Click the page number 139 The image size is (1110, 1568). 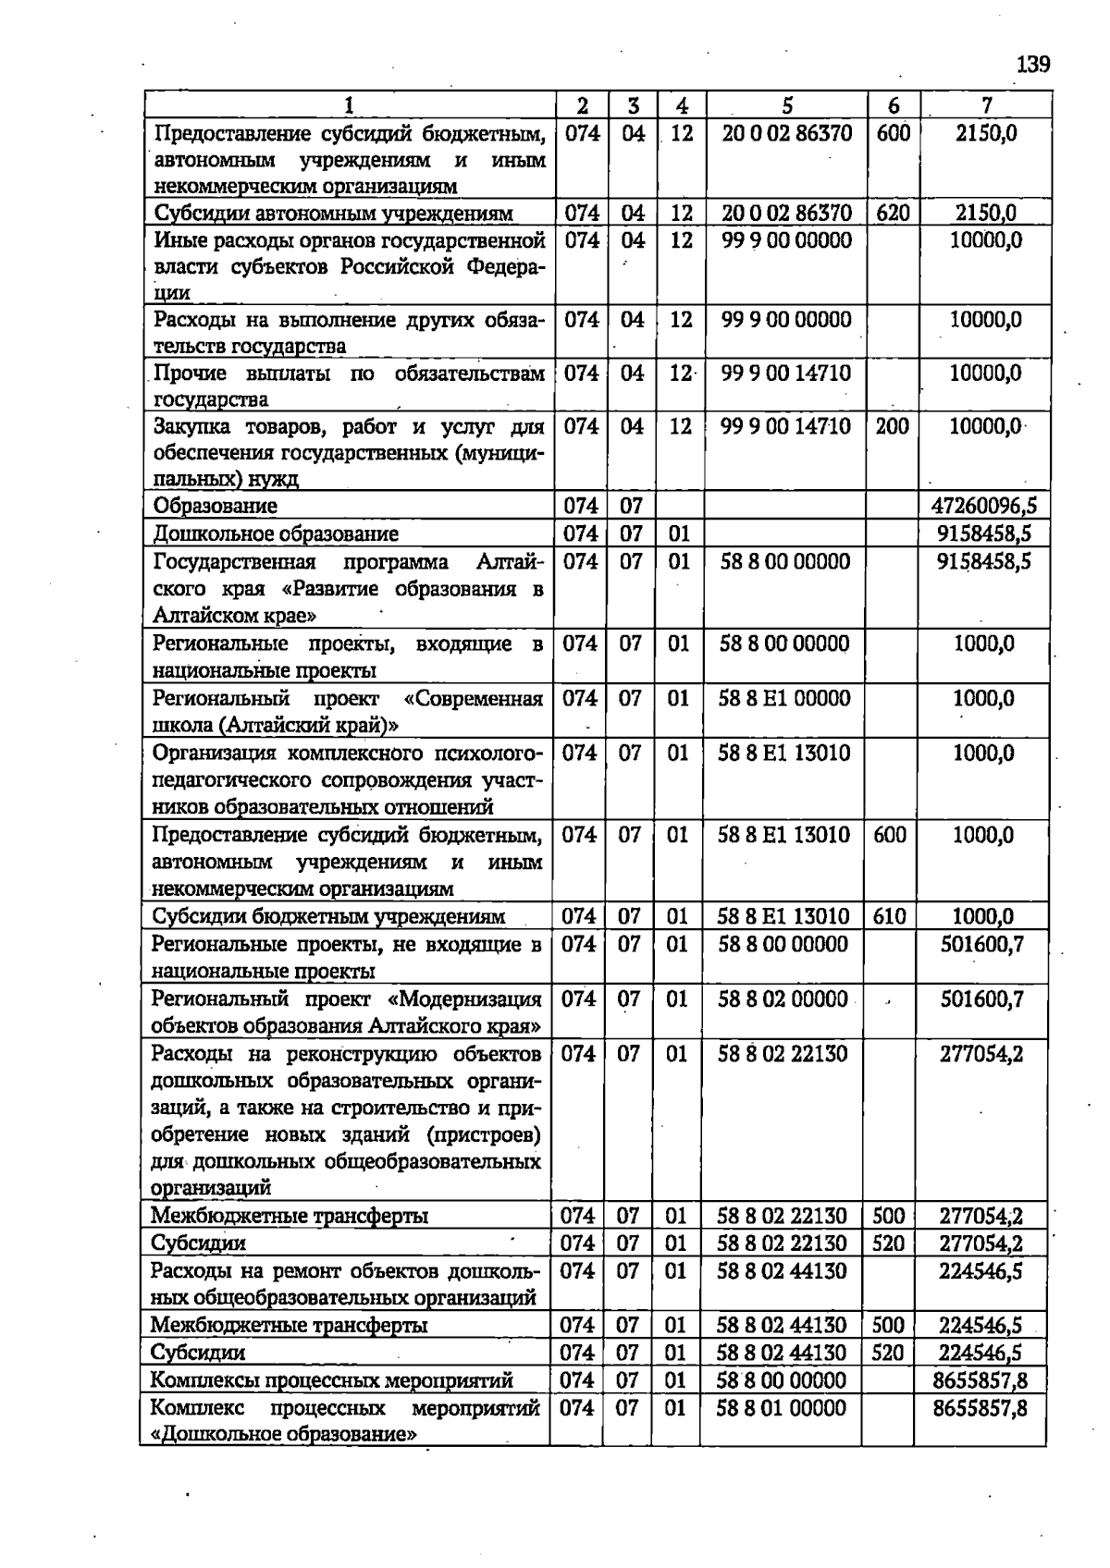(1033, 64)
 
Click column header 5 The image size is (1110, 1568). (786, 105)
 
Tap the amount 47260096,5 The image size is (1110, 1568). (984, 506)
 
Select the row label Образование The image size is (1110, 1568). (216, 506)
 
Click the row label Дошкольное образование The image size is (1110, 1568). (276, 533)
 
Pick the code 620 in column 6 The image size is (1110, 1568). (893, 214)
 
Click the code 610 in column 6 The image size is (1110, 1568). (889, 916)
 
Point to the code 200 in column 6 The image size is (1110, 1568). (892, 426)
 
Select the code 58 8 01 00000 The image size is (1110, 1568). (783, 1407)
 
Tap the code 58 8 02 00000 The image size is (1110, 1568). (783, 998)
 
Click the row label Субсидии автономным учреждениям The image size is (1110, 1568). (333, 214)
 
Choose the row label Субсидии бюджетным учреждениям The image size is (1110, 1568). (328, 916)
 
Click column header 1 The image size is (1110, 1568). (349, 105)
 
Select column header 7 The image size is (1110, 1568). (986, 105)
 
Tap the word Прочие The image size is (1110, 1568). (190, 374)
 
